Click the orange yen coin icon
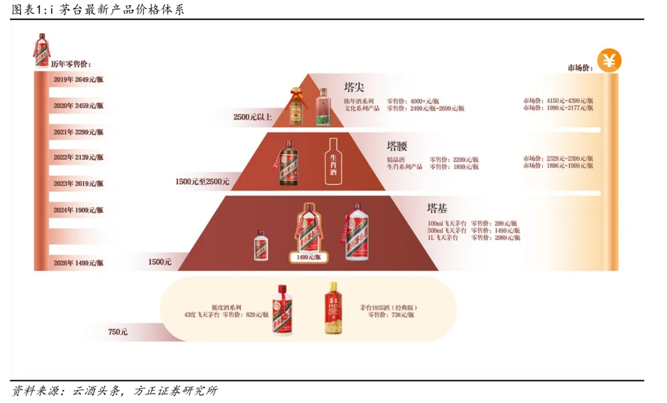click(609, 61)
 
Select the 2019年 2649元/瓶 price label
click(78, 80)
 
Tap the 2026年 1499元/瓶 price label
click(78, 263)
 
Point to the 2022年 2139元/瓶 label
click(78, 157)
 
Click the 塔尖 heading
click(354, 87)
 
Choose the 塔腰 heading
click(397, 146)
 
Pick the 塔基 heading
click(438, 208)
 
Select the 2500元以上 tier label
click(252, 117)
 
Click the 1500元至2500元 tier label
click(202, 181)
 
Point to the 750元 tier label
click(117, 332)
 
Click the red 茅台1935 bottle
click(333, 308)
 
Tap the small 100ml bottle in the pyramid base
click(261, 245)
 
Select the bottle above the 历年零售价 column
click(42, 49)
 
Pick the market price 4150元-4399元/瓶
click(558, 101)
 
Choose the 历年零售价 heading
click(71, 64)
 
